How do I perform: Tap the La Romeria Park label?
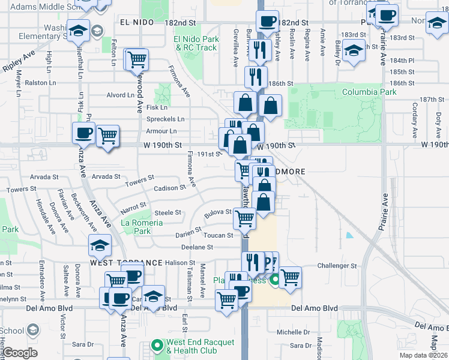(x=142, y=227)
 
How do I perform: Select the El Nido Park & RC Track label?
(x=196, y=44)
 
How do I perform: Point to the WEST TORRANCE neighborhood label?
(x=126, y=263)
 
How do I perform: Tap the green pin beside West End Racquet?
(x=157, y=345)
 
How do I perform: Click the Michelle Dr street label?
(x=292, y=332)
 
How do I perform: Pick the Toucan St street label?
(x=218, y=236)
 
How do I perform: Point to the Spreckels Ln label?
(x=166, y=119)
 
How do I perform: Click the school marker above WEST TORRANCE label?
(x=100, y=245)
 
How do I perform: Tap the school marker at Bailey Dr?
(x=356, y=52)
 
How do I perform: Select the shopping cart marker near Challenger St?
(x=290, y=278)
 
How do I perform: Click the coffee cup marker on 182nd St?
(x=267, y=22)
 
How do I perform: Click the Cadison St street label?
(x=169, y=188)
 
